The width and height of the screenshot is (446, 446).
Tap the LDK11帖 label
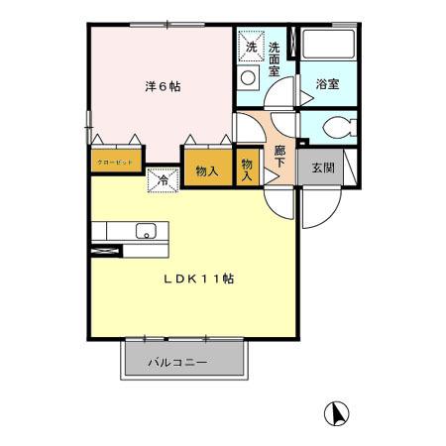click(199, 279)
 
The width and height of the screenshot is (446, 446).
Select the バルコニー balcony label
click(178, 363)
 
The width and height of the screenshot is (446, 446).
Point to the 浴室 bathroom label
click(327, 84)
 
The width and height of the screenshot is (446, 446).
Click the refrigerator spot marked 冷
click(162, 179)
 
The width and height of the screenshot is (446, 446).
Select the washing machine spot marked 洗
click(251, 47)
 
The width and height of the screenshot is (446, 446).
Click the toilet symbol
click(336, 128)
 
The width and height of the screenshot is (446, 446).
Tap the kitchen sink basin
click(145, 232)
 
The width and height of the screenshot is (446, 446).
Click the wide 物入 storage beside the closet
click(206, 169)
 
